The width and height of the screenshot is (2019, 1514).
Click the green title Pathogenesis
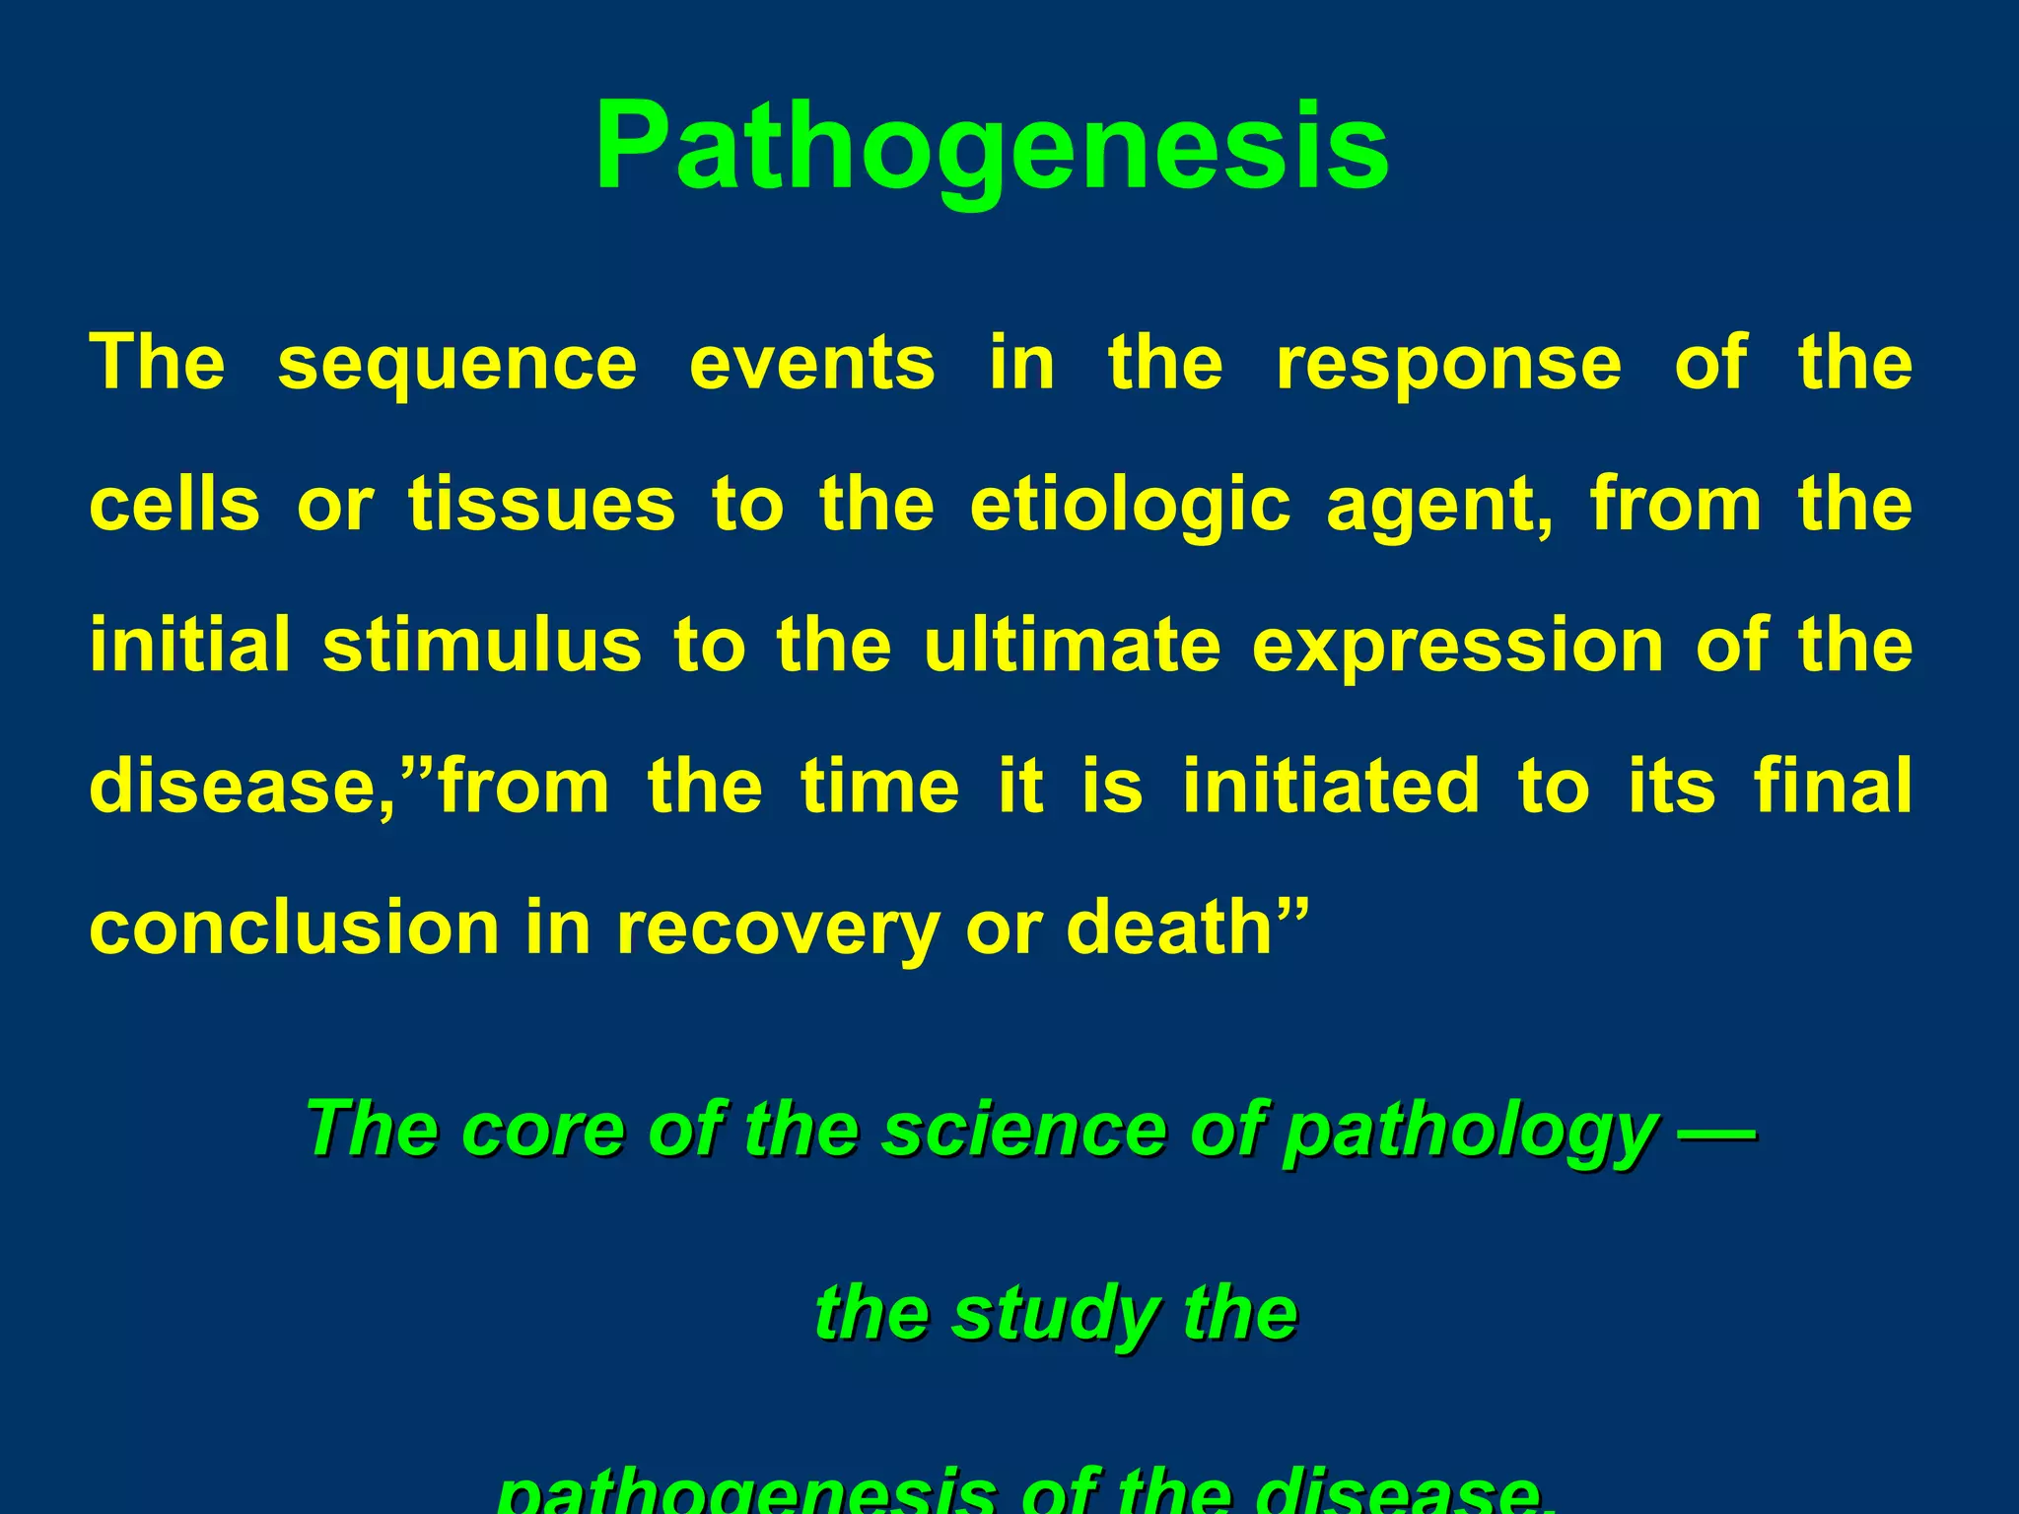click(992, 148)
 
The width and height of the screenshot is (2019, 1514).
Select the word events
click(811, 363)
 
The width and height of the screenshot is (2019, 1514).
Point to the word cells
click(174, 504)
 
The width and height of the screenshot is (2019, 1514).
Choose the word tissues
click(542, 504)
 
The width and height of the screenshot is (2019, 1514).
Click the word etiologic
click(1130, 506)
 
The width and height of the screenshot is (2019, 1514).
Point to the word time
click(879, 786)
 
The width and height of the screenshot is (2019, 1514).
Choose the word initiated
click(1331, 786)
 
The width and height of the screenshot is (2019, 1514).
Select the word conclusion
click(294, 928)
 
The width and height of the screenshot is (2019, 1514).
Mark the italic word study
click(1055, 1315)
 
